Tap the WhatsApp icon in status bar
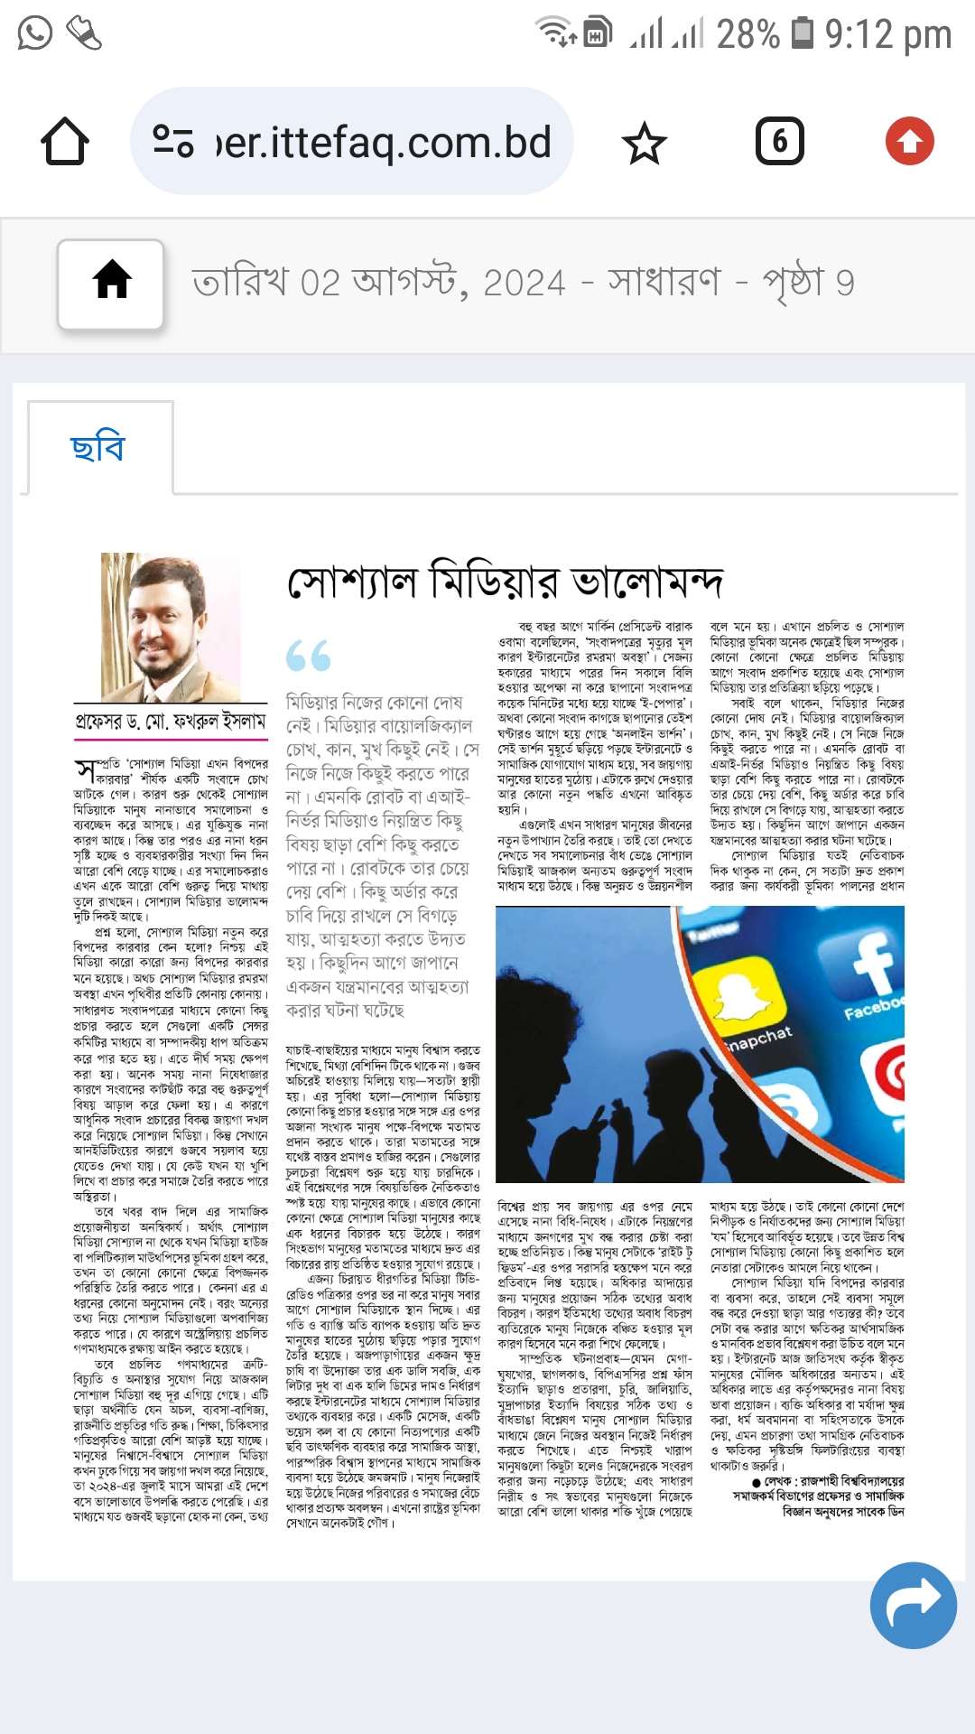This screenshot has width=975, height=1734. (x=34, y=33)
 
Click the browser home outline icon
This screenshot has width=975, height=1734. (x=65, y=142)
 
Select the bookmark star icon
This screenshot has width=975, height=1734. (x=645, y=143)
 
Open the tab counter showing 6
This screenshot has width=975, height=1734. (x=779, y=141)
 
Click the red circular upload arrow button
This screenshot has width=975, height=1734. (x=909, y=141)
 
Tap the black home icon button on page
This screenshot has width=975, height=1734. (x=112, y=282)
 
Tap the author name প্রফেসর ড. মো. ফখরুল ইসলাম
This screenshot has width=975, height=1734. (x=171, y=722)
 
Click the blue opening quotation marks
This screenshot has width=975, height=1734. (x=308, y=656)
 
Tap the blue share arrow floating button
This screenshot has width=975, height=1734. (x=913, y=1605)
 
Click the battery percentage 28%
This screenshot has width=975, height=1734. (x=747, y=34)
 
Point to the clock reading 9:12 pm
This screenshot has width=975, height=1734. (x=888, y=34)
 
